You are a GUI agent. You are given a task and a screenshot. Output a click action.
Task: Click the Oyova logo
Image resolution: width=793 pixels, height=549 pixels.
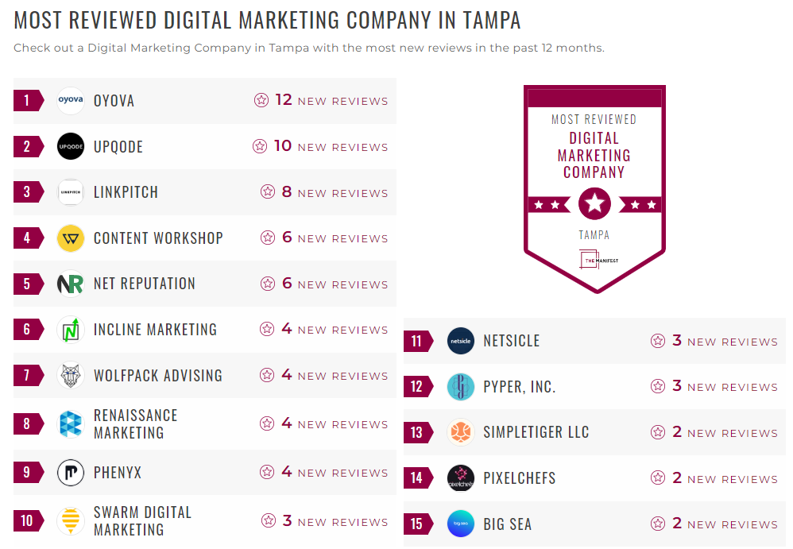tap(71, 101)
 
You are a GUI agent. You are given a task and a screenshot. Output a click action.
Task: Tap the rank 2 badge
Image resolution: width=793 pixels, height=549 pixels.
tap(28, 146)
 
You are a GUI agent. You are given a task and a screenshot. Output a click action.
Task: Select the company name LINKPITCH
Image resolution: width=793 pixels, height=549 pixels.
tap(126, 192)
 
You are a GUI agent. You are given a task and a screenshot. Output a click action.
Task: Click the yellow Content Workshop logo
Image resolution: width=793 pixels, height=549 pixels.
tap(71, 238)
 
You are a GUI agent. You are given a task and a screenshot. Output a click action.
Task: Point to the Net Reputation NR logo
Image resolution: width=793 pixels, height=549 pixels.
tap(71, 284)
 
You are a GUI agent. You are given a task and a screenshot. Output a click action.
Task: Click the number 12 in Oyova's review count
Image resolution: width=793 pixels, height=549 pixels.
tap(284, 100)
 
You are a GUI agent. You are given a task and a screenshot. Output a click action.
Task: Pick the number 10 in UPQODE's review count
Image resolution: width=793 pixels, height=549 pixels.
tap(283, 146)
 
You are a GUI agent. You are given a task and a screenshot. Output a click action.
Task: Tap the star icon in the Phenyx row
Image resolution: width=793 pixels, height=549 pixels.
tap(267, 473)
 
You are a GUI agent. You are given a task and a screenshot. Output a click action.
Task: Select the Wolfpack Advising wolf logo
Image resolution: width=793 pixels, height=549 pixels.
tap(71, 376)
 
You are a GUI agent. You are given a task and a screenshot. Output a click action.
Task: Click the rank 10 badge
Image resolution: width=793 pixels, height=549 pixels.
tap(28, 521)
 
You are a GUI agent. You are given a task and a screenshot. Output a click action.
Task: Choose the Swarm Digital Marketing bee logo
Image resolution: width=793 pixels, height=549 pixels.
tap(71, 521)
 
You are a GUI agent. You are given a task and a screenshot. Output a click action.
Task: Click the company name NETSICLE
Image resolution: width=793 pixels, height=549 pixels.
tap(511, 341)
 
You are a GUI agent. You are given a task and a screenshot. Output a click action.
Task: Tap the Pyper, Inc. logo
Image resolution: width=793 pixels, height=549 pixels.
tap(461, 387)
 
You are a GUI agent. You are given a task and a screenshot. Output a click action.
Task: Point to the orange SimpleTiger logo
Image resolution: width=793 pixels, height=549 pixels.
tap(461, 433)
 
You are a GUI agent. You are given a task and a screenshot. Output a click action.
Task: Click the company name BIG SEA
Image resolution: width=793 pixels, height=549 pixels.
tap(507, 524)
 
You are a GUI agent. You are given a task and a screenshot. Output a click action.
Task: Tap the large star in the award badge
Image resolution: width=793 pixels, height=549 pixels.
tap(594, 204)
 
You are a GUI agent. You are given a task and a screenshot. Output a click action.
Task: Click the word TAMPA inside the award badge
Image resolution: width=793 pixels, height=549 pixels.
tap(594, 235)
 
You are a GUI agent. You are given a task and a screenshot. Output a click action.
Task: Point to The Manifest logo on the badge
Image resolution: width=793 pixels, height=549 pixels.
tap(594, 260)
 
